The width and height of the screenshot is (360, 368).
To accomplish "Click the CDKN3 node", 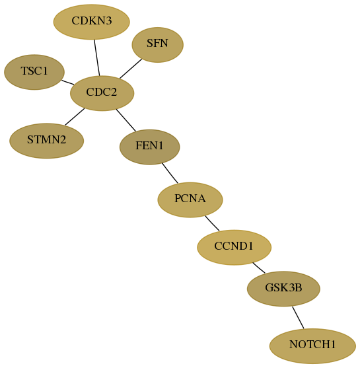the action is coord(92,22).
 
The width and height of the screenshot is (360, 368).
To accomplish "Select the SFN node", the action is coord(157,45).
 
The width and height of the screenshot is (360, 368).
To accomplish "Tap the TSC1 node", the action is coord(34,72).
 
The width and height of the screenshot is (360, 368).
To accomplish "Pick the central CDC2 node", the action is coord(102,93).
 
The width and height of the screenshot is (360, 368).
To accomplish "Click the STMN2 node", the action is coord(46,141).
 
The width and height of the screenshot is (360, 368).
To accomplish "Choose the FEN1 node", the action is coord(150,147).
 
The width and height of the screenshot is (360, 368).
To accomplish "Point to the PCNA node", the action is coord(190,200).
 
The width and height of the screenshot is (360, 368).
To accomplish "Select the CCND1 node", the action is coord(234,247).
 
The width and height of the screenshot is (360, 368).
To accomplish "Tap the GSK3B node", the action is coord(283,289).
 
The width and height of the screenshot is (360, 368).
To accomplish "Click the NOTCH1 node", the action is coord(312,346).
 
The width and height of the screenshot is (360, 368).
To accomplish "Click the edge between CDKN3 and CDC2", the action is coord(97,57).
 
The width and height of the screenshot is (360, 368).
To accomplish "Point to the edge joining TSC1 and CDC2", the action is coord(67,82).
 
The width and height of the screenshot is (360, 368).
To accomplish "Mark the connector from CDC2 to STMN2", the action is coord(75,117).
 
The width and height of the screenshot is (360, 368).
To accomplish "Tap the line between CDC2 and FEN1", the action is coord(126,120).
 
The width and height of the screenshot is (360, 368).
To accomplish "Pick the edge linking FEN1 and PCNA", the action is coord(170,173).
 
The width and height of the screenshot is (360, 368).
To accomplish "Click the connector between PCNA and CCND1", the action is coord(212,223).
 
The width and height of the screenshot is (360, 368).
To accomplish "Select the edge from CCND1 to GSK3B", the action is coord(259,268).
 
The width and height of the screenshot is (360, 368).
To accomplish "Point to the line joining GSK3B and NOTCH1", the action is coord(298,318).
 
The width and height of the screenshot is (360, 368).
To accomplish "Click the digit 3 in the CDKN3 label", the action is coord(108,20).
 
